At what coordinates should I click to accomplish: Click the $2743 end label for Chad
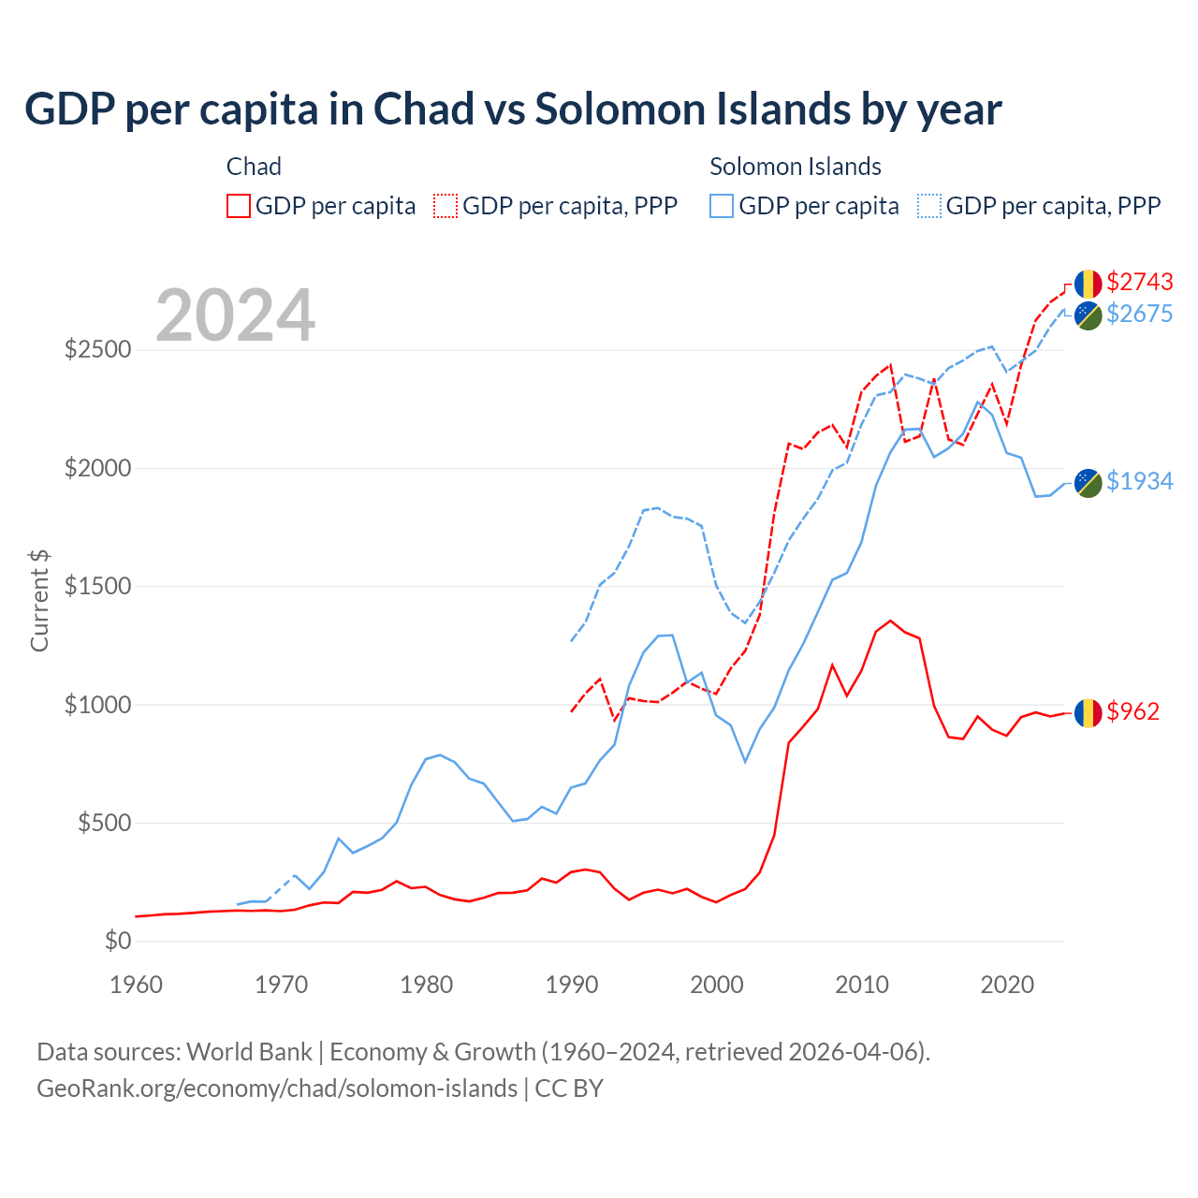tap(1139, 282)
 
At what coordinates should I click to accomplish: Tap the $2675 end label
tap(1139, 314)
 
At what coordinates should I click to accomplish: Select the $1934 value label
tap(1139, 481)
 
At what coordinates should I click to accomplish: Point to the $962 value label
tap(1132, 711)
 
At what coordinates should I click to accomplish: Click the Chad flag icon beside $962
tap(1088, 713)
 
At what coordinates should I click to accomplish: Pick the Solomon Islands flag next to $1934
tap(1088, 482)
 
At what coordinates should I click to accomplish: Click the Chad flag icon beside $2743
tap(1088, 284)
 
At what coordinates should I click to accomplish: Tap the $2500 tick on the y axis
tap(97, 350)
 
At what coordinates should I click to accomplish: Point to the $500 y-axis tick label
tap(104, 824)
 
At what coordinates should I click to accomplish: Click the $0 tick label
tap(117, 942)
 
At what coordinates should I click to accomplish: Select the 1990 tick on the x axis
tap(571, 985)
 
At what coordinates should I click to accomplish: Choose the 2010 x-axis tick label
tap(861, 985)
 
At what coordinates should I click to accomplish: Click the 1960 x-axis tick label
tap(137, 985)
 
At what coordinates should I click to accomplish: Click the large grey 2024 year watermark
tap(235, 315)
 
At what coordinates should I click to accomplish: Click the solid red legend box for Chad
tap(239, 206)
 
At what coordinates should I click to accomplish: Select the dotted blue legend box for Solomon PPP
tap(929, 206)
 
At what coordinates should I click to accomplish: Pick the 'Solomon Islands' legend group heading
tap(795, 167)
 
